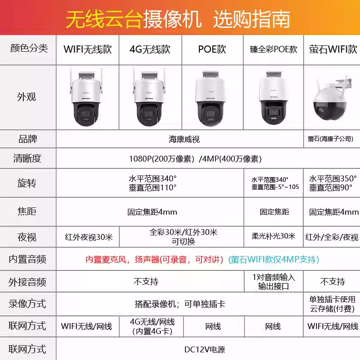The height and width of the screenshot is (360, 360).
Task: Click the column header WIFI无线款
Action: [88, 49]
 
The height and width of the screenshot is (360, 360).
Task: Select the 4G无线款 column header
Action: [150, 49]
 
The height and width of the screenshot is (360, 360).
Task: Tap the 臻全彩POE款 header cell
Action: [274, 49]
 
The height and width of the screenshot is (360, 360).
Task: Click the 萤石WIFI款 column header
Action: [333, 49]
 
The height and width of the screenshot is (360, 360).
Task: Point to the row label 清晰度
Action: [27, 158]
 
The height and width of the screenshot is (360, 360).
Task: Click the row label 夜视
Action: [27, 237]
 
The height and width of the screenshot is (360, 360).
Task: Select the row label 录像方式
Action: [27, 304]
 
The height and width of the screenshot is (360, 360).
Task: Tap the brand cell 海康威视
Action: [184, 139]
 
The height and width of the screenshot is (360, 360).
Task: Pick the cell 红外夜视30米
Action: [89, 237]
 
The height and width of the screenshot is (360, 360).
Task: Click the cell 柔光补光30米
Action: [274, 236]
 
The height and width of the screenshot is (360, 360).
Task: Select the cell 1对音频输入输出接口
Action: [274, 282]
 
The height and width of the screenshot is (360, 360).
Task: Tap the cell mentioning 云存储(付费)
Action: [332, 304]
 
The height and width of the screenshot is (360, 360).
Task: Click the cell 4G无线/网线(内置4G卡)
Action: [153, 327]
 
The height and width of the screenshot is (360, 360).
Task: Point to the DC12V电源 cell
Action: [205, 350]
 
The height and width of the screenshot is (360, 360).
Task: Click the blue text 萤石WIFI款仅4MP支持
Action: [274, 260]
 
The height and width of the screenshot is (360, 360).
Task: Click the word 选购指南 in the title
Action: [252, 19]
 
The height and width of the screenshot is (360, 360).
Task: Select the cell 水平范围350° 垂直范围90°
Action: [333, 183]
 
